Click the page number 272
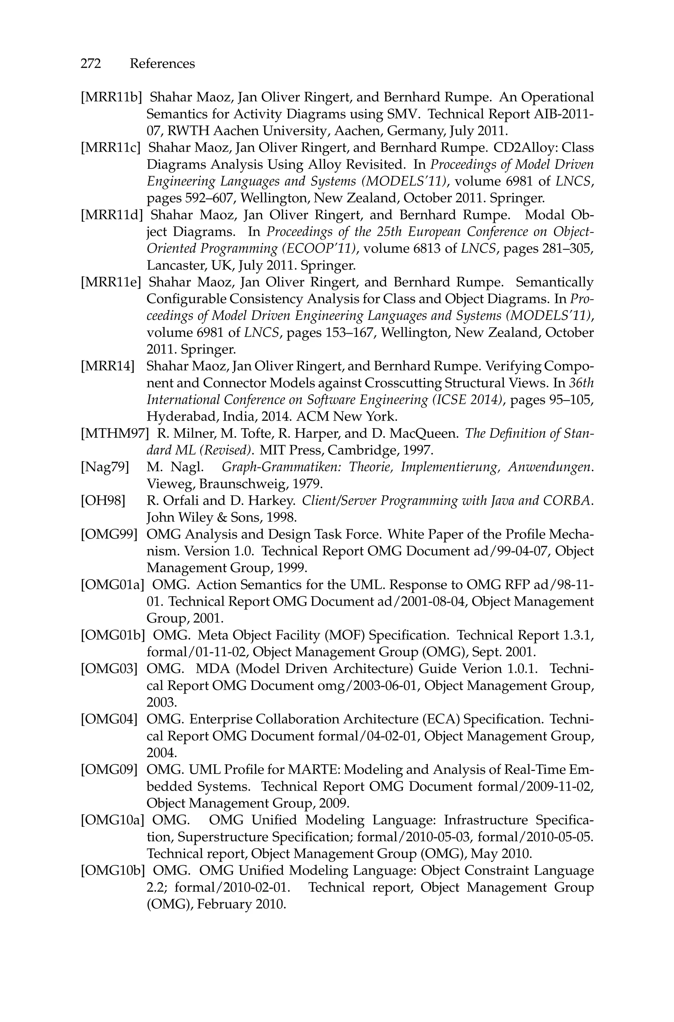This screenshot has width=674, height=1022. [91, 64]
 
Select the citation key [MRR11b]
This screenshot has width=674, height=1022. [111, 97]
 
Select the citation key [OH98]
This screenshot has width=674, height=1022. [103, 501]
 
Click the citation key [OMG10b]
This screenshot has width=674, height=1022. [113, 871]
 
